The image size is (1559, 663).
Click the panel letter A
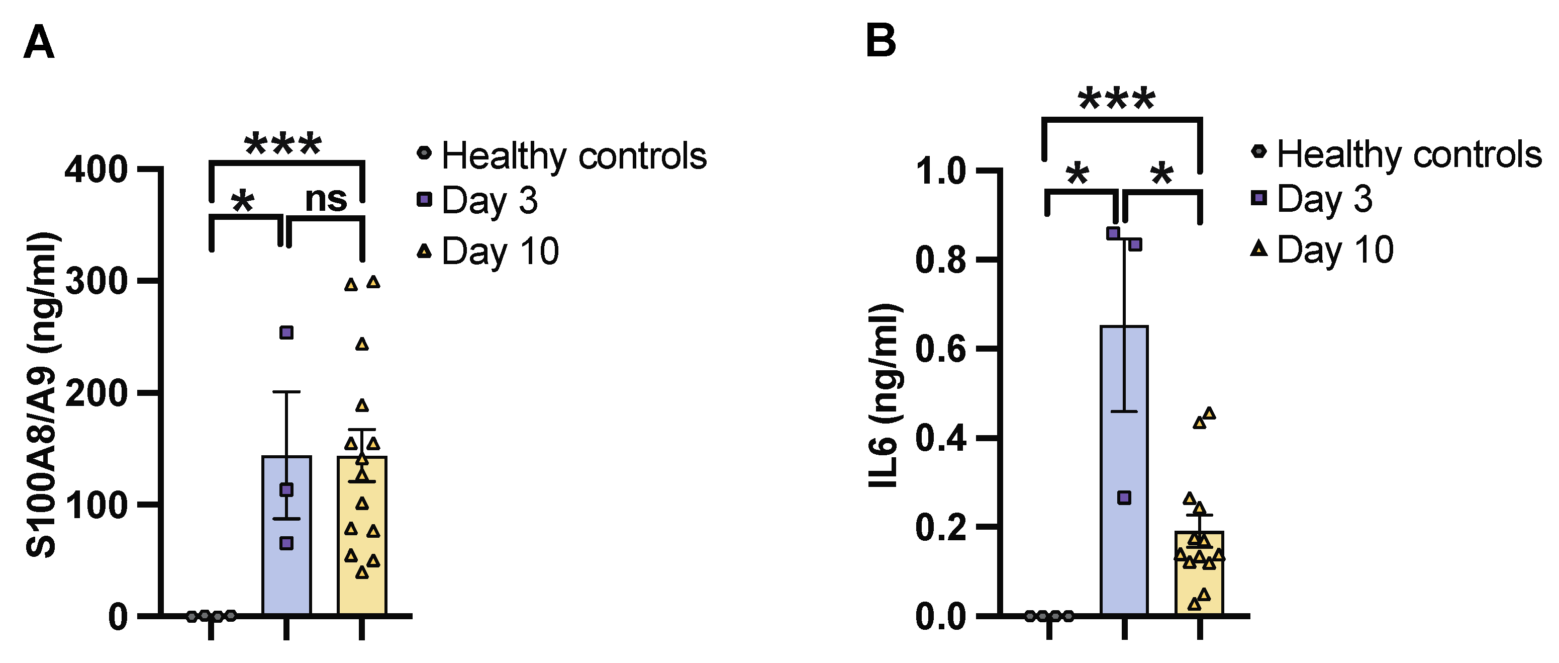point(39,42)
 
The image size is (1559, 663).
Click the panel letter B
point(881,41)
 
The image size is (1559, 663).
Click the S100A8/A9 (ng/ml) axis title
point(42,393)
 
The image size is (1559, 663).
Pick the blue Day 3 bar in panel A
point(286,569)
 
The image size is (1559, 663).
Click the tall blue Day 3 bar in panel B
point(1124,545)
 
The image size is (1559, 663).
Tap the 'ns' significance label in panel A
point(326,199)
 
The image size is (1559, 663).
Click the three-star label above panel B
point(1117,99)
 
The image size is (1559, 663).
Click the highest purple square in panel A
point(286,333)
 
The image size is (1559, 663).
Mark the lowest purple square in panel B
point(1124,498)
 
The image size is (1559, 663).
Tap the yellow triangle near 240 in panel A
point(361,345)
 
